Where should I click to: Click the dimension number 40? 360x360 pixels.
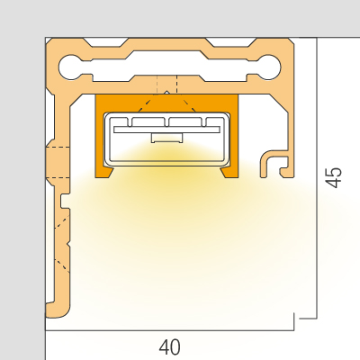tap(170, 347)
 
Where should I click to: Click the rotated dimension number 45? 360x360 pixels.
tap(334, 177)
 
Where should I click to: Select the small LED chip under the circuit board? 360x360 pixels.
tap(167, 138)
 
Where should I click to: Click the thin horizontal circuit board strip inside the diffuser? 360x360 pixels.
tap(166, 130)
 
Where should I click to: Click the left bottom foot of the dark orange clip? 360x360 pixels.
tap(104, 173)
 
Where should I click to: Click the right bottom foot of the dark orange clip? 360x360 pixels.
tap(229, 173)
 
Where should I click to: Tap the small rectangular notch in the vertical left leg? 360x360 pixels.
tap(65, 201)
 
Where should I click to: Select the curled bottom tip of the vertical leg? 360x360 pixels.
tap(57, 310)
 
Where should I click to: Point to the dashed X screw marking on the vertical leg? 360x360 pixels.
tap(62, 247)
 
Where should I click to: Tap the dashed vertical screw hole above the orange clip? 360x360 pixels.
tap(166, 85)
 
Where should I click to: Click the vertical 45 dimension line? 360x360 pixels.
tap(317, 178)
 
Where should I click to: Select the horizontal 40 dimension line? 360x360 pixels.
tap(169, 330)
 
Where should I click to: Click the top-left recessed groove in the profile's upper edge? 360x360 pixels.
tap(106, 42)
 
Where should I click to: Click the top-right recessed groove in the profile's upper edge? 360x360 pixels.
tap(231, 42)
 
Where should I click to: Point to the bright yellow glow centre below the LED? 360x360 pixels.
tap(167, 174)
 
